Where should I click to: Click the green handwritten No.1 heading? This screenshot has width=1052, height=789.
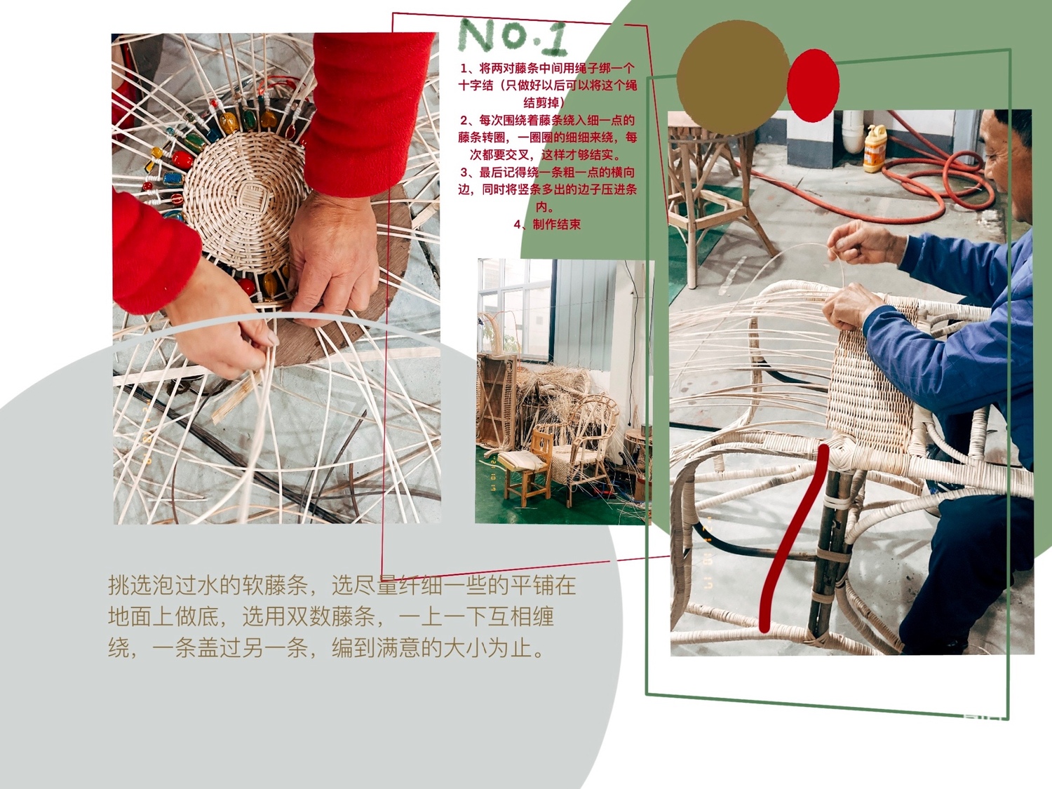513,36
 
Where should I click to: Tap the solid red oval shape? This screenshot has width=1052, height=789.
813,86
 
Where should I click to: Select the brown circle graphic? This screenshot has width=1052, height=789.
732,77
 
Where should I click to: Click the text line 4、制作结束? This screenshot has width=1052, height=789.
547,224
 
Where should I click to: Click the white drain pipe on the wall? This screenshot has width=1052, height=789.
853,132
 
